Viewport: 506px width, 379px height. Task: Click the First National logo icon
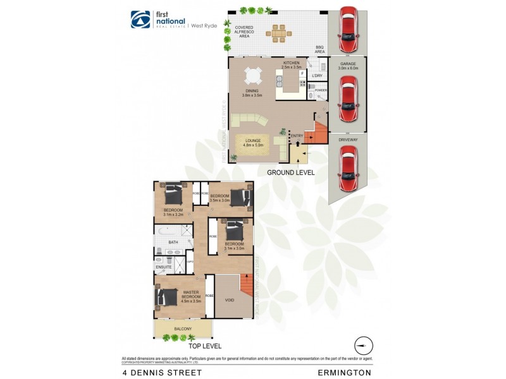[x=140, y=20]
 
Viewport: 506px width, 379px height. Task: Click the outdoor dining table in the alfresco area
[x=278, y=32]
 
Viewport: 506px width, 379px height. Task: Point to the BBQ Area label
[x=320, y=49]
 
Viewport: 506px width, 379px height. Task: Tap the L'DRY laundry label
[x=318, y=76]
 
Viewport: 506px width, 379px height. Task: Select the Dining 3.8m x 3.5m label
[x=252, y=93]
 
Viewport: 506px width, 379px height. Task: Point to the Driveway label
[x=349, y=139]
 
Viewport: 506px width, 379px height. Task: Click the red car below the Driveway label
[x=349, y=169]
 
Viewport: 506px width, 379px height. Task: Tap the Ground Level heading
[x=290, y=172]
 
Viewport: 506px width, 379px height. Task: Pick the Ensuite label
[x=164, y=267]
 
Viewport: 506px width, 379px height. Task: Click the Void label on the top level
[x=230, y=300]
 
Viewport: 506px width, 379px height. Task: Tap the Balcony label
[x=183, y=328]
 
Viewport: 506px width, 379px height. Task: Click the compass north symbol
[x=363, y=346]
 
